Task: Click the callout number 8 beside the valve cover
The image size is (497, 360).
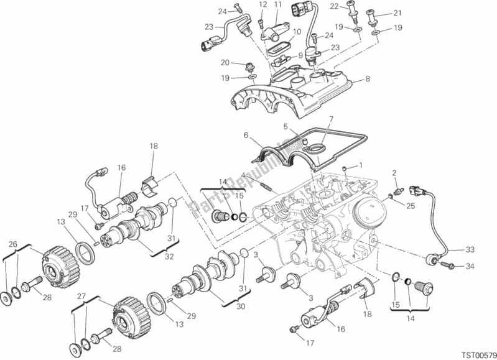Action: (x=368, y=79)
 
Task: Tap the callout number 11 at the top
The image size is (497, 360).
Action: (x=278, y=5)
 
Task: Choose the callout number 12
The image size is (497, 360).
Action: (x=262, y=5)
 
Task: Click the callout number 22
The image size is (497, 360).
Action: (x=351, y=6)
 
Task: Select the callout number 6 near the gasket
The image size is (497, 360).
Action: (x=246, y=135)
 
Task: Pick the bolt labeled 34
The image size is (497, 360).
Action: (x=445, y=266)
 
